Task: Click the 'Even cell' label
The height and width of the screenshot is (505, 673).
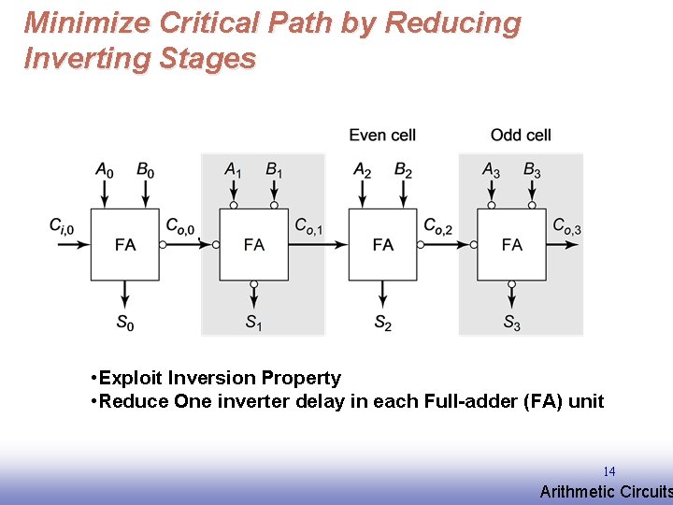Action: coord(382,135)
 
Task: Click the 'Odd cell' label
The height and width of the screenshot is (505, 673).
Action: coord(521,135)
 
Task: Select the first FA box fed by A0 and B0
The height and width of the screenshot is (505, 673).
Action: coord(125,244)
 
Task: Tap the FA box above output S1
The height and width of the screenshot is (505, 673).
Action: coord(254,244)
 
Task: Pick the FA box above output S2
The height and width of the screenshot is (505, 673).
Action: coord(383,244)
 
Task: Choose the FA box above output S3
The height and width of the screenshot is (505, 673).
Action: coord(512,244)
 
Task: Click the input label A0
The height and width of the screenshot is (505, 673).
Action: coord(105,170)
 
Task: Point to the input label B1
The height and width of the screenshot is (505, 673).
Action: coord(274,170)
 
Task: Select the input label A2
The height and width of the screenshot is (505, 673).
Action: coord(363,170)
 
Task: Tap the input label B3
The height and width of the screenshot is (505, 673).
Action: coord(532,170)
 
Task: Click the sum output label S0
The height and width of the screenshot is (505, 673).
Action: coord(125,323)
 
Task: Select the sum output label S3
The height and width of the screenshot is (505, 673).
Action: coord(512,323)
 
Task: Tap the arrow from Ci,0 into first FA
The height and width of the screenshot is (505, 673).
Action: coord(74,244)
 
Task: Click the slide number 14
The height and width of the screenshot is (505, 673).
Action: coord(609,471)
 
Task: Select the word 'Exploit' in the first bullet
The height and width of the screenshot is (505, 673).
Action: coord(130,378)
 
